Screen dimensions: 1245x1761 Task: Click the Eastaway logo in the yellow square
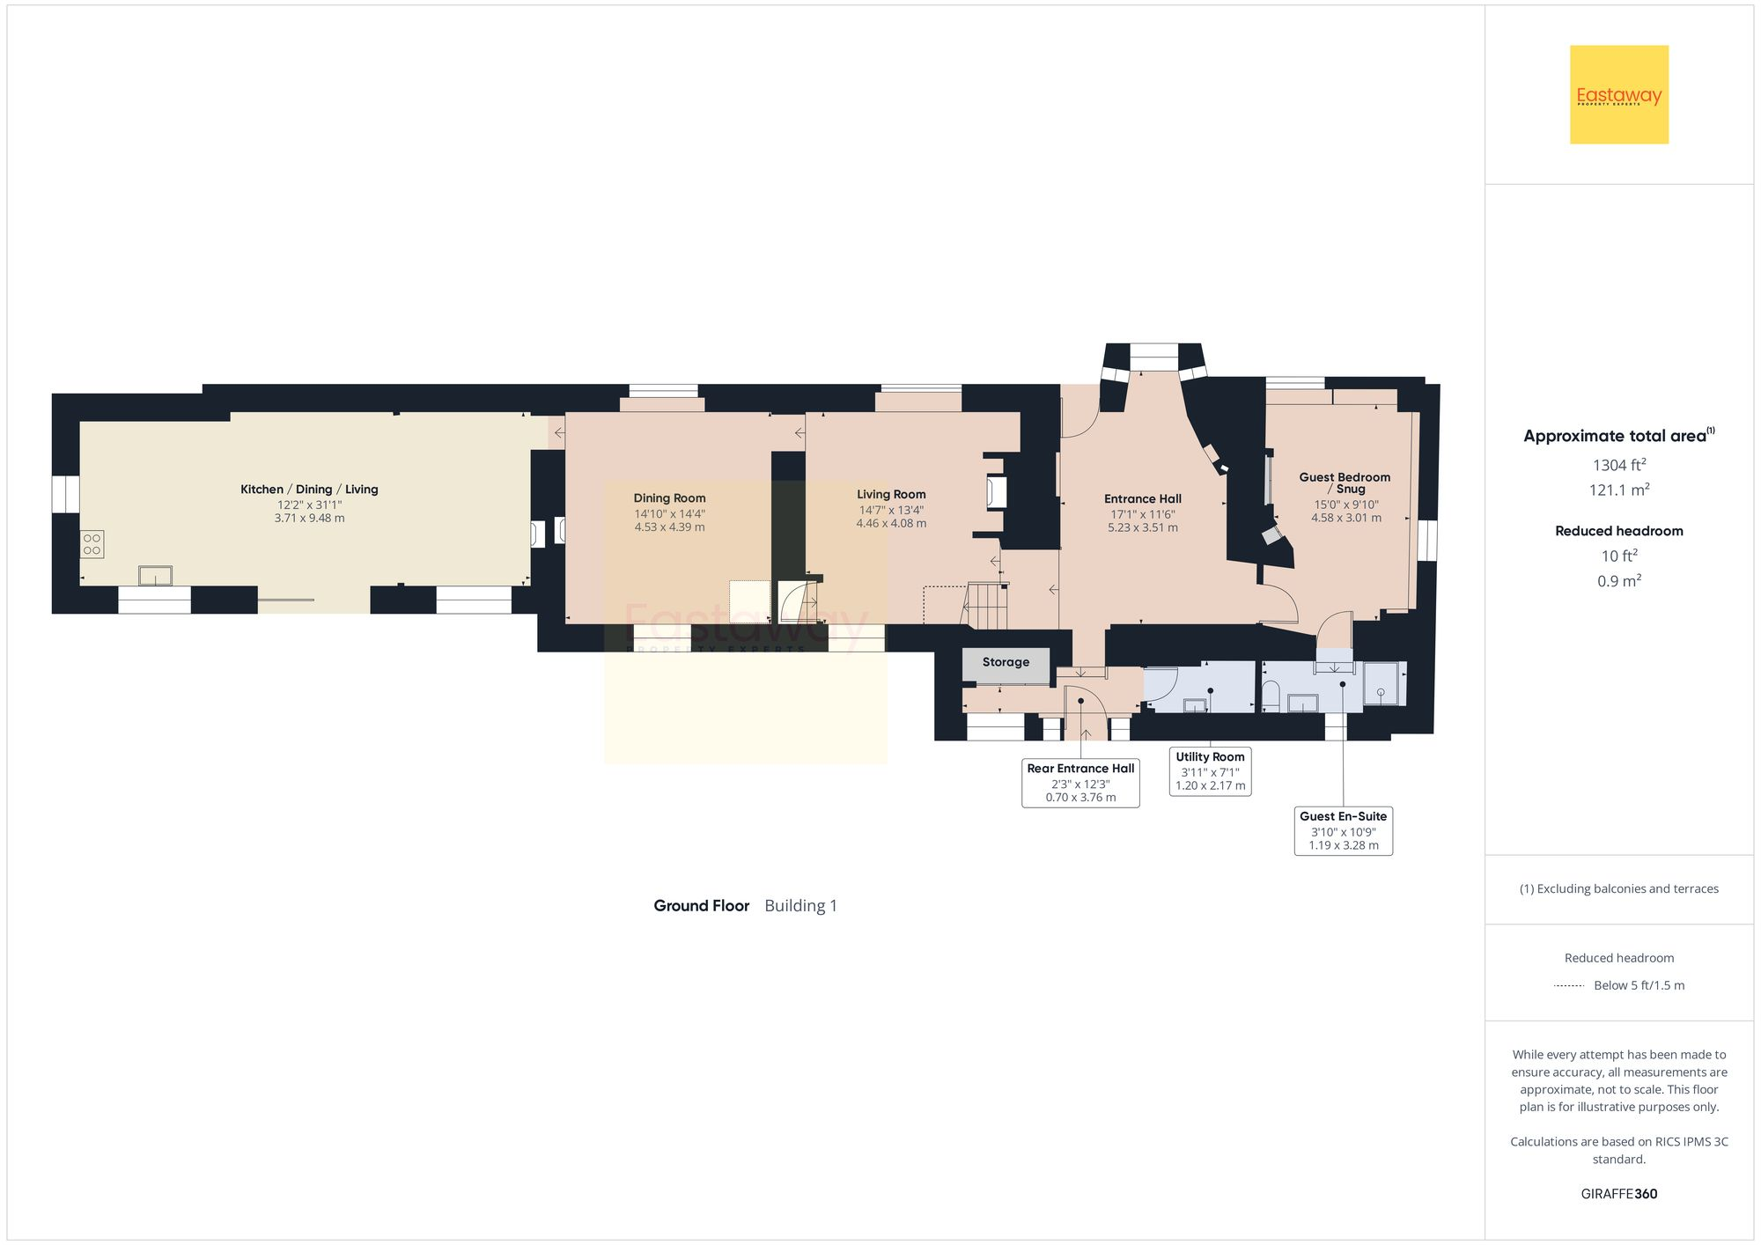coord(1618,95)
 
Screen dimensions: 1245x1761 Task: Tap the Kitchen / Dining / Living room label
coord(309,490)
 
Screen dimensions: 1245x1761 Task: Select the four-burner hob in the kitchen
coord(92,544)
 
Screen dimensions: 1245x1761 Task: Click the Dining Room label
coord(669,498)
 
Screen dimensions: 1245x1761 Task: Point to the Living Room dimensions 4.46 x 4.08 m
coord(891,524)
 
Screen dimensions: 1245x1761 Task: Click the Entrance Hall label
coord(1142,499)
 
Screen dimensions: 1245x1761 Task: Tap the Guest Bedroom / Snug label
coord(1345,483)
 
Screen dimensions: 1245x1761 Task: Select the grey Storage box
coord(1006,663)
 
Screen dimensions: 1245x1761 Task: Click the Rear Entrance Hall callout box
coord(1080,783)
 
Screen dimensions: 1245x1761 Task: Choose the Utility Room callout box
coord(1210,771)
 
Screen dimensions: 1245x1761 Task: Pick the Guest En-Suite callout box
coord(1343,830)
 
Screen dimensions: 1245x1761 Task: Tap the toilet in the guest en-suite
coord(1270,696)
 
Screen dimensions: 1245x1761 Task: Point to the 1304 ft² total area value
coord(1618,465)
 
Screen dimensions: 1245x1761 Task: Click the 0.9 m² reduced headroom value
coord(1618,581)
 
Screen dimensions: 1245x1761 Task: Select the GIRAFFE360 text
coord(1618,1194)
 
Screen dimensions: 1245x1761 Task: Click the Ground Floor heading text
coord(701,906)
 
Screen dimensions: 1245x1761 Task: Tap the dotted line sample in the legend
coord(1569,986)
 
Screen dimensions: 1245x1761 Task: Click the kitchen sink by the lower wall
coord(155,576)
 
